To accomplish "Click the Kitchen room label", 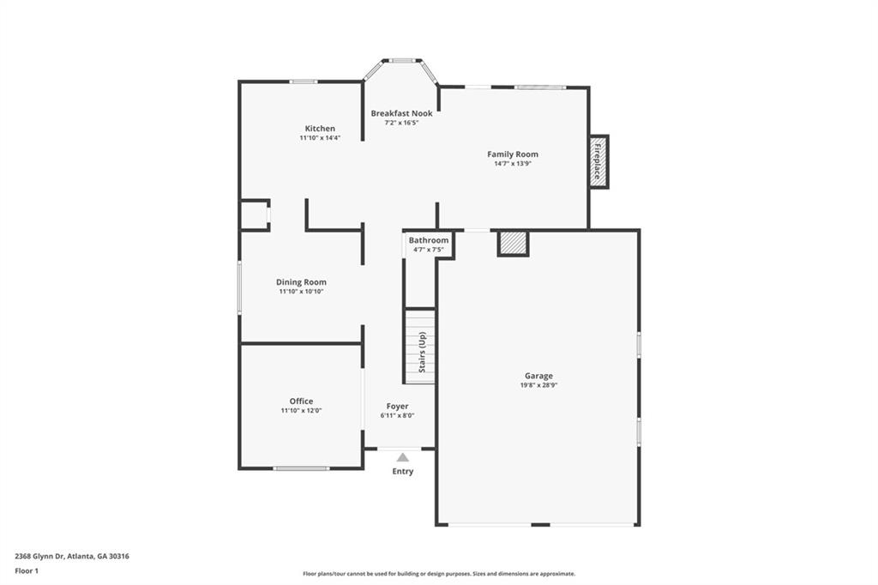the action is pyautogui.click(x=320, y=129).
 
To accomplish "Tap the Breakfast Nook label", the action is pyautogui.click(x=401, y=113).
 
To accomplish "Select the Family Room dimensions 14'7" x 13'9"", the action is pyautogui.click(x=513, y=164).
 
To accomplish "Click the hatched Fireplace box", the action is pyautogui.click(x=598, y=161).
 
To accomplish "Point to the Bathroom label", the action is pyautogui.click(x=429, y=240).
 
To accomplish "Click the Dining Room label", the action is pyautogui.click(x=301, y=282).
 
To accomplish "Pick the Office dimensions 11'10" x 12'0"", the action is pyautogui.click(x=301, y=410).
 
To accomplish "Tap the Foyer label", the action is pyautogui.click(x=397, y=407).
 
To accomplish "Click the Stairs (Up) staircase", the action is pyautogui.click(x=420, y=347).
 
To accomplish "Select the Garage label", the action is pyautogui.click(x=538, y=376).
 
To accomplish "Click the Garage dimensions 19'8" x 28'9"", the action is pyautogui.click(x=538, y=385).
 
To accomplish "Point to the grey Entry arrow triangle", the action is pyautogui.click(x=403, y=457).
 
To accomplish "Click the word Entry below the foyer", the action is pyautogui.click(x=403, y=471).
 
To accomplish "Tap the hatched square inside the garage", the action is pyautogui.click(x=514, y=244).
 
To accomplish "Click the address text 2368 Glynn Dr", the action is pyautogui.click(x=39, y=557).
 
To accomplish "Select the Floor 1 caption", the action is pyautogui.click(x=27, y=571).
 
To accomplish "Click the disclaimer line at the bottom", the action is pyautogui.click(x=439, y=574).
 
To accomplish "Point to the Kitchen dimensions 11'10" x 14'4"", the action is pyautogui.click(x=320, y=138).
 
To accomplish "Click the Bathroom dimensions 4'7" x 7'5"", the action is pyautogui.click(x=429, y=250).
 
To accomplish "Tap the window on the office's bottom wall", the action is pyautogui.click(x=301, y=467).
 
